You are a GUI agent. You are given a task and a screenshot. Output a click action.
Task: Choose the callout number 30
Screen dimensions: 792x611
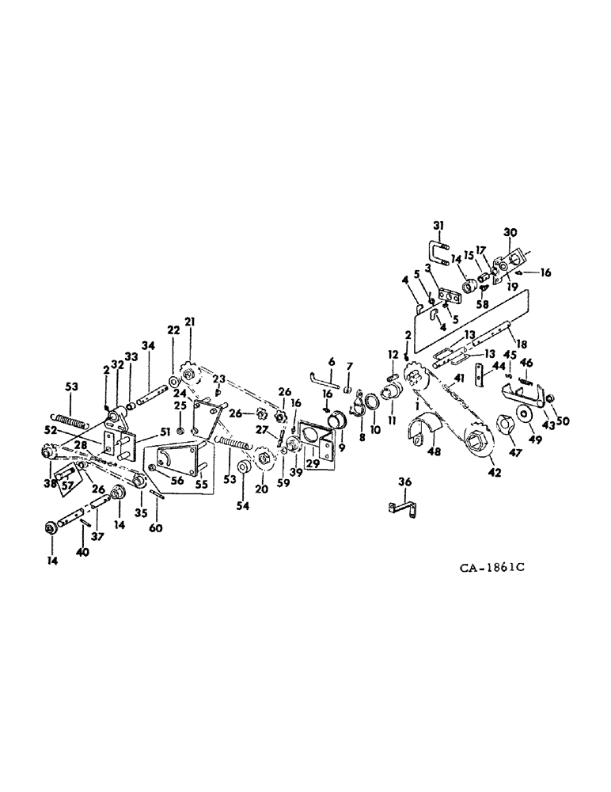(509, 231)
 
